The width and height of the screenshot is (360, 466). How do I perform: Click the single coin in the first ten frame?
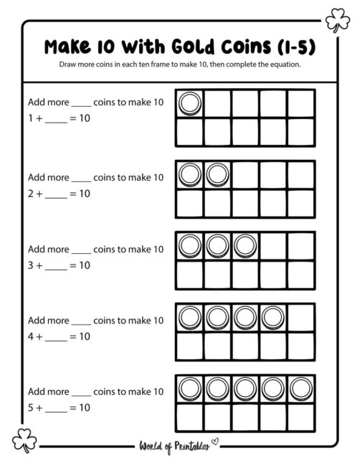(190, 104)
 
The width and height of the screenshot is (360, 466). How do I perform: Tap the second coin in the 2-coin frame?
(218, 174)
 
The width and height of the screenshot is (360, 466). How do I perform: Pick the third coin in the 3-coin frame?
(246, 245)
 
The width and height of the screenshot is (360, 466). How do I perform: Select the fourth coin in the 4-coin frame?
(274, 316)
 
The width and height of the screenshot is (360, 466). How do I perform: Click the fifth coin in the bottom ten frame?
(302, 388)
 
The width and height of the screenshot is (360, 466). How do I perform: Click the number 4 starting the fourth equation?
(31, 336)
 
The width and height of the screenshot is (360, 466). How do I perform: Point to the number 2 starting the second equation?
(31, 193)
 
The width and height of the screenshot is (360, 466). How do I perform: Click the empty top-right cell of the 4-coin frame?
(302, 316)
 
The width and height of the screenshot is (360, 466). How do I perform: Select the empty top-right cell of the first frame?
(302, 104)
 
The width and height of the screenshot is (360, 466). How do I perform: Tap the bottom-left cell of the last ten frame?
(190, 416)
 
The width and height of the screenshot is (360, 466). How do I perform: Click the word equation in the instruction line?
(280, 65)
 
